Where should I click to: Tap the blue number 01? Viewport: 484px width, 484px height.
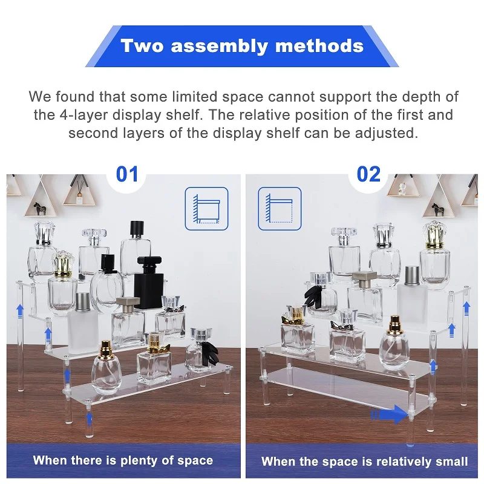[127, 174]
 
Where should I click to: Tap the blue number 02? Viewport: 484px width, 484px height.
[368, 174]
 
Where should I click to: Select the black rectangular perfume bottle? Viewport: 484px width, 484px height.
[150, 285]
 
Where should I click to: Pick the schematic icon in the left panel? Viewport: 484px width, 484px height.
[206, 208]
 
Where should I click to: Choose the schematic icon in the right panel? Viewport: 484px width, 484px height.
[280, 208]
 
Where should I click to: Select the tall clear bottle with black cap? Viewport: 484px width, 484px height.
[136, 248]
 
